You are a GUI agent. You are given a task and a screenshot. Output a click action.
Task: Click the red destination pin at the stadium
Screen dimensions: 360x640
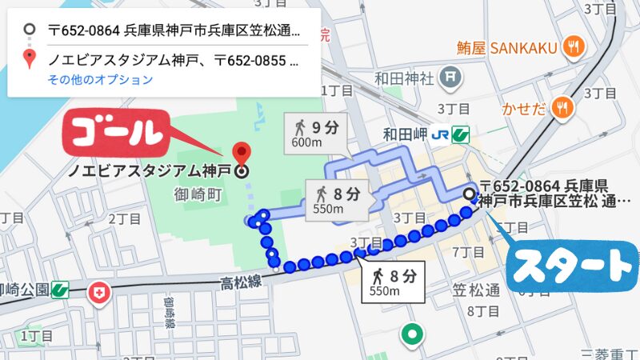241,152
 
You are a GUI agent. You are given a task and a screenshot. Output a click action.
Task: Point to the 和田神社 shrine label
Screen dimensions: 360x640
404,78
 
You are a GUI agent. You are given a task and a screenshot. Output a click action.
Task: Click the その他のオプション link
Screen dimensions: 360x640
100,79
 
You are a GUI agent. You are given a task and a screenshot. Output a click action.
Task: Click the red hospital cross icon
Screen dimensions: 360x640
100,294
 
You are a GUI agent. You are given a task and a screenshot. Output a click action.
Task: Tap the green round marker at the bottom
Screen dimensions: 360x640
412,334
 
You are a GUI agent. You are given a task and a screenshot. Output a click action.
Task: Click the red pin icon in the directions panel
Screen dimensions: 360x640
30,58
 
